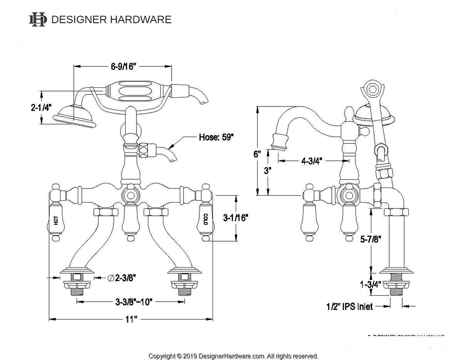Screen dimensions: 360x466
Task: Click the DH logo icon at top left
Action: pos(38,19)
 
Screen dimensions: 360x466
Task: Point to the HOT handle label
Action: pos(56,221)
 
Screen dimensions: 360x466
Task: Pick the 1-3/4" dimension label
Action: pos(371,285)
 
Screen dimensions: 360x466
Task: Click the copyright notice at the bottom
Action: pos(233,355)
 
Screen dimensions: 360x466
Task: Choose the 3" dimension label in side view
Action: pos(267,172)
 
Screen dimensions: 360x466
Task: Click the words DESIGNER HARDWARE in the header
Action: pos(111,20)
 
